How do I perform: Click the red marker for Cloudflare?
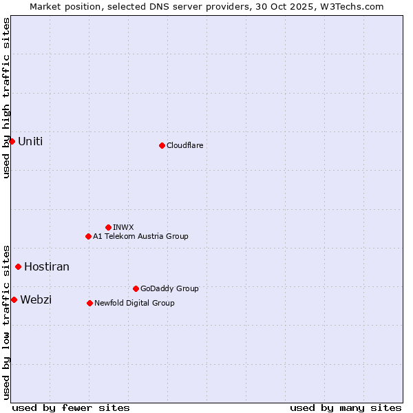coord(162,145)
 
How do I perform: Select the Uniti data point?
coord(12,141)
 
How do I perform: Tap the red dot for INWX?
coord(108,227)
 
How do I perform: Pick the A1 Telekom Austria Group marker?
coord(88,236)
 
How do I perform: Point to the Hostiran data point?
coord(18,266)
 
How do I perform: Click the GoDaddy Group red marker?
coord(136,288)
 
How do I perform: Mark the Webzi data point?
coord(14,299)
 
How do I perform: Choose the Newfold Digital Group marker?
coord(89,303)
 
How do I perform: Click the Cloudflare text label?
coord(185,145)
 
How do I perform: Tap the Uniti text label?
coord(30,141)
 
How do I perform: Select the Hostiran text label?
coord(47,266)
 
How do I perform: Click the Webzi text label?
coord(36,299)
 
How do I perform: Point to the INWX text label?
coord(124,227)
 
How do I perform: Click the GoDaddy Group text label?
coord(169,288)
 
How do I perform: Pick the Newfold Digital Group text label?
coord(134,303)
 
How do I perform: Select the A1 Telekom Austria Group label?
coord(140,236)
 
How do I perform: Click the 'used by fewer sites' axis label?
coord(71,407)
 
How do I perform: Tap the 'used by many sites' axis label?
coord(346,407)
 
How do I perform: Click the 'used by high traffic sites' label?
coord(6,98)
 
